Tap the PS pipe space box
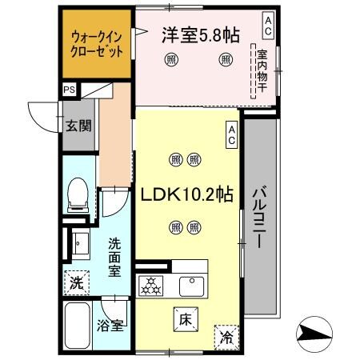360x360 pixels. point(69,90)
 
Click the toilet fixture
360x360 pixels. point(78,193)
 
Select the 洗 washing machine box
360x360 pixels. point(76,282)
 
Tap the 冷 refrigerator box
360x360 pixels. point(226,337)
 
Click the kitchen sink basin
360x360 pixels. point(193,284)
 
